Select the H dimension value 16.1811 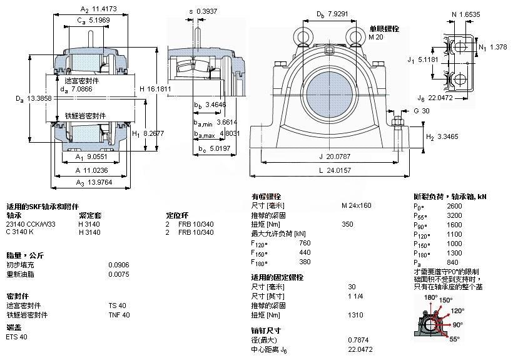[159, 89]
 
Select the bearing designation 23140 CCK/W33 [31, 224]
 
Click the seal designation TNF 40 [119, 314]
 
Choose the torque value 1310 [355, 315]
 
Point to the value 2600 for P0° [455, 205]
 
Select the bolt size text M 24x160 [357, 205]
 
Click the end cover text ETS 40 [16, 337]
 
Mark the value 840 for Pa [453, 262]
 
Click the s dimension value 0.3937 [206, 11]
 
